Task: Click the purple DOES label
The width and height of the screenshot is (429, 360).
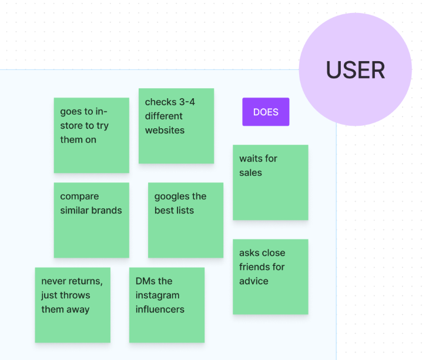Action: (x=266, y=112)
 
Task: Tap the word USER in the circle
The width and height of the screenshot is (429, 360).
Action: (x=356, y=70)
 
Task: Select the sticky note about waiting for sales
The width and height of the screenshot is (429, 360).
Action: (x=270, y=182)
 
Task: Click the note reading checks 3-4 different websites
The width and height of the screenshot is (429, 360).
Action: (x=176, y=126)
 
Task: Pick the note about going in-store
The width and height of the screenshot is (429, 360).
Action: (x=91, y=135)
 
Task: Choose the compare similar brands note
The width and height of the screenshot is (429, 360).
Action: (x=91, y=220)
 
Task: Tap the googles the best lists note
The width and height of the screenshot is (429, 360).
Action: (x=186, y=220)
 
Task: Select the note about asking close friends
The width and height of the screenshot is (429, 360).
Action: (x=270, y=277)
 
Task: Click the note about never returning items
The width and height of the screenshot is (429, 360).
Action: (x=73, y=305)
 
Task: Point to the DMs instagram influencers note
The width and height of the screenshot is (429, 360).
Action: (x=167, y=305)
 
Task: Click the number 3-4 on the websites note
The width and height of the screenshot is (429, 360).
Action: (x=187, y=102)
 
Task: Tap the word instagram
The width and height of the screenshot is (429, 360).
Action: (x=157, y=295)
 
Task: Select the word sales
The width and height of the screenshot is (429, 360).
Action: (x=250, y=173)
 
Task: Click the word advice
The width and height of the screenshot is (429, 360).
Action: (x=254, y=281)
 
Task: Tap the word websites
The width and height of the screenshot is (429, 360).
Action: (x=165, y=131)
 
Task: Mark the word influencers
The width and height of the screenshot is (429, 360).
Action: (x=160, y=309)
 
